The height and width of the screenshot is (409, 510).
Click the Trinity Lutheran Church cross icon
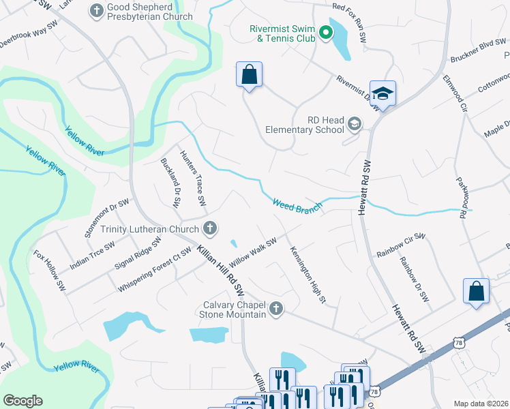point(211,229)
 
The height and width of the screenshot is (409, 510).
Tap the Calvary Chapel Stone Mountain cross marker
point(276,309)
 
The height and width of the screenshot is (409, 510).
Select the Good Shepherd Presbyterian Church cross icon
point(96,10)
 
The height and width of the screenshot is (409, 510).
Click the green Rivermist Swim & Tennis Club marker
point(326,31)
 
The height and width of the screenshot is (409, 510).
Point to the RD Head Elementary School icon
point(354,123)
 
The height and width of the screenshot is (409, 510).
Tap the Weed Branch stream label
point(297,205)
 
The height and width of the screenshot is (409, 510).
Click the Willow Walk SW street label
point(253,252)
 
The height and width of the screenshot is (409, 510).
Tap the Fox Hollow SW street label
point(50,268)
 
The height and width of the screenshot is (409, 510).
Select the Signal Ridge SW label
point(138,252)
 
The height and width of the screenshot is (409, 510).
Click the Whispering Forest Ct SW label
point(155,270)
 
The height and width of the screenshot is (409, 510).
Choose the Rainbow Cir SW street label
point(401,245)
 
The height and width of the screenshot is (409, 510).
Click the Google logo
point(23,401)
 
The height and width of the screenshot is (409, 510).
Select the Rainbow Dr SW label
point(415,279)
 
